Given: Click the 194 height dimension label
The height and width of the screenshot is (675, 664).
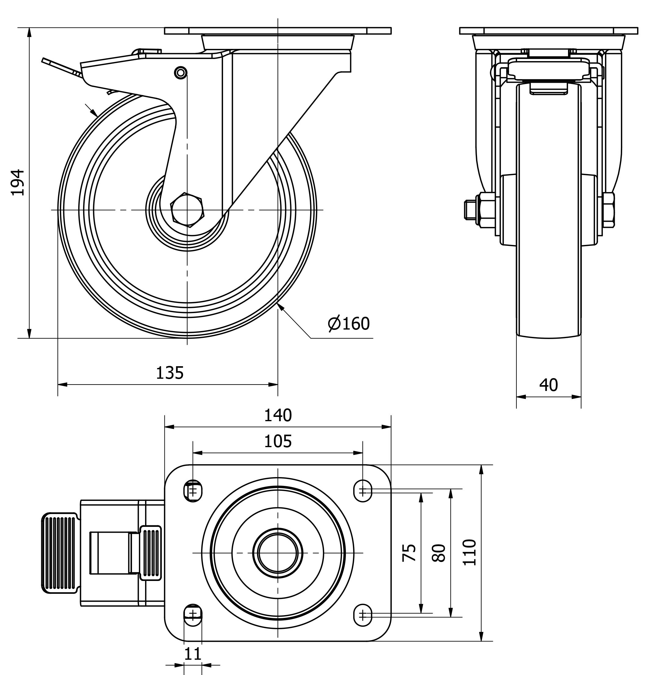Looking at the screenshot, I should pos(17,182).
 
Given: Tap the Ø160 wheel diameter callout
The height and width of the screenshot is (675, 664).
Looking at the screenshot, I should pos(349,324).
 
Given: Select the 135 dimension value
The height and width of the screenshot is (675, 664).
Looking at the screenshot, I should pos(170,373).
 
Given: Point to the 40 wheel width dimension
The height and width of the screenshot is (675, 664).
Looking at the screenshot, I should pos(548,385).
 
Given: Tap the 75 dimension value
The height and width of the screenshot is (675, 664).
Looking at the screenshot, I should pos(409,553).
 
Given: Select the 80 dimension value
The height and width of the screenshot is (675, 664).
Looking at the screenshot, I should pos(439,553).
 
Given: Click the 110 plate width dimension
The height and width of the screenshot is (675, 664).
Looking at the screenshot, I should pos(469,553).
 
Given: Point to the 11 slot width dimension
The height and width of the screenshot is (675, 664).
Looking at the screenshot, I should pos(193,654).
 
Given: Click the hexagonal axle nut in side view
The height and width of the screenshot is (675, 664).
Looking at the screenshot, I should pos(187,210).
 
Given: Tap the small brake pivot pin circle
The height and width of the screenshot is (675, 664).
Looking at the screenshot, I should pos(181,72).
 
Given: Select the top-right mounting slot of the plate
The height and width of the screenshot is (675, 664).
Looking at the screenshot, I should pos(363,491).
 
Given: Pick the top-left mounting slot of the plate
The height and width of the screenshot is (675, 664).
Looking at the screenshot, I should pos(193,491).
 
